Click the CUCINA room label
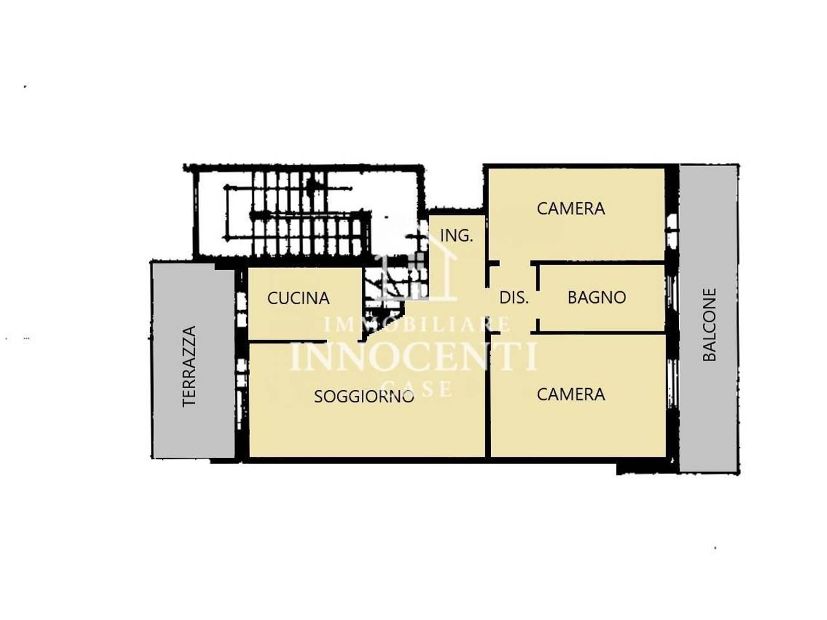(x=298, y=298)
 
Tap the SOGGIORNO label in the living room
(x=364, y=397)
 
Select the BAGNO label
(x=597, y=297)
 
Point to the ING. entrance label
(x=457, y=236)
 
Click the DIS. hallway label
(x=514, y=298)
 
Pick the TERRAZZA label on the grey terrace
(x=189, y=366)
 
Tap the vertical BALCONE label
(x=709, y=325)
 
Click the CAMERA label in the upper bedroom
(x=571, y=209)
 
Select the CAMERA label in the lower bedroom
(x=571, y=395)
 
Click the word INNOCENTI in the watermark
(x=413, y=355)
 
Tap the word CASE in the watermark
(x=417, y=388)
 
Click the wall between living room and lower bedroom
(x=488, y=395)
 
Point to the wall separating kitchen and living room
(x=287, y=341)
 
